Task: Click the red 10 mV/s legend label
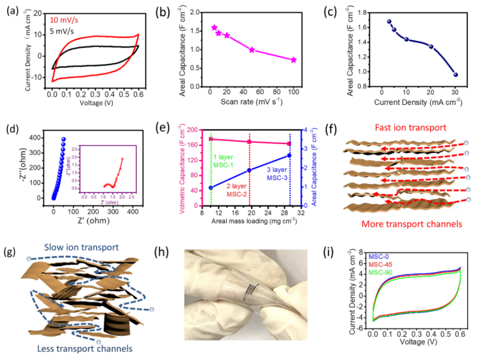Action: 66,20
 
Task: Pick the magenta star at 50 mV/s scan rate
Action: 252,50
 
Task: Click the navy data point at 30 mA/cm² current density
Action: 456,74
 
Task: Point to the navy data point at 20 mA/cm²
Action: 431,46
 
